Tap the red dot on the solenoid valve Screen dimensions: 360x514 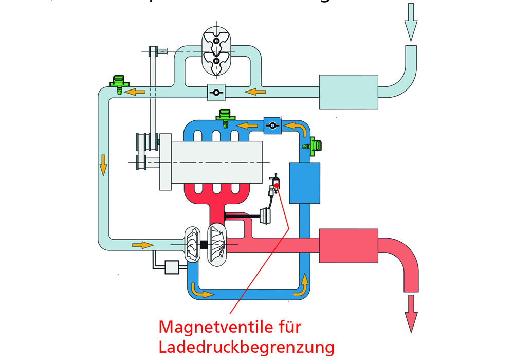pos(277,185)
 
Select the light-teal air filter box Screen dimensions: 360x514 pos(348,92)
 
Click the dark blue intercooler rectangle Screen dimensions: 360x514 pos(305,183)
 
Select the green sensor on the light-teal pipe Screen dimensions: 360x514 pos(119,82)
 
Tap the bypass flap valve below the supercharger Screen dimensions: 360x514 pos(216,92)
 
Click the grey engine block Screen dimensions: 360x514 pos(216,161)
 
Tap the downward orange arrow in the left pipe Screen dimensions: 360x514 pos(103,164)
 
